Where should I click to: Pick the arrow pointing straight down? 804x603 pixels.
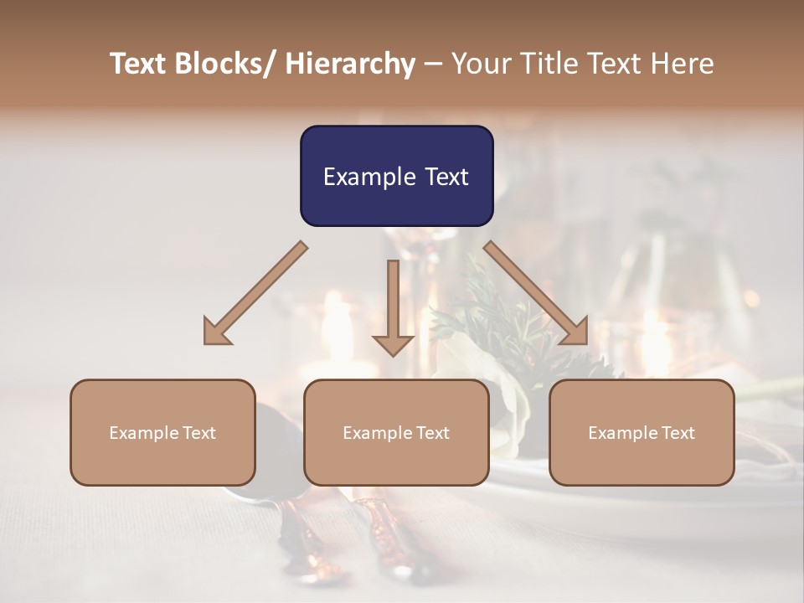393,306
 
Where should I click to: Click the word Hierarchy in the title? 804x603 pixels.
350,64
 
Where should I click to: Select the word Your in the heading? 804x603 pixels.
481,64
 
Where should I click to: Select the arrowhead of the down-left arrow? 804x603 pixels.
215,333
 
